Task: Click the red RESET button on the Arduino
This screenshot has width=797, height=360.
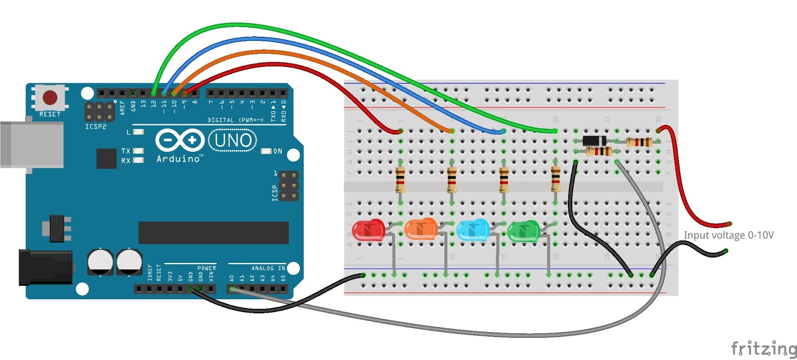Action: [50, 97]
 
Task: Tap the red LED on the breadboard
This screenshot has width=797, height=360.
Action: [368, 231]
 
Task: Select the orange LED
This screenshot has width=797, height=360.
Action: [420, 230]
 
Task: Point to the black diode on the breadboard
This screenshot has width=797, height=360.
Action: [594, 141]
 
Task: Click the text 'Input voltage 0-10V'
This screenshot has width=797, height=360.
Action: [728, 235]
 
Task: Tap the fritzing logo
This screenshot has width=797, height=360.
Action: [763, 349]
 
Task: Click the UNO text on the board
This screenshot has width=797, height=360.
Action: [233, 140]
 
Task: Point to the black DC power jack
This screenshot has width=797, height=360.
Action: [45, 268]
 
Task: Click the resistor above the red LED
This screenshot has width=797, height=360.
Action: [400, 180]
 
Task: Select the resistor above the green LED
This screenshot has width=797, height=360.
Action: [555, 180]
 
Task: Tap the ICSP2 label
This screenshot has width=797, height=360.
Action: [96, 127]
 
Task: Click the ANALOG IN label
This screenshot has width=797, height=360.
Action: [268, 268]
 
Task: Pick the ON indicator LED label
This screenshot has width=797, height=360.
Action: [277, 151]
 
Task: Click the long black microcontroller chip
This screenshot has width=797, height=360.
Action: [213, 233]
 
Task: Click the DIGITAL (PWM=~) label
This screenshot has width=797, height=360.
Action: [235, 120]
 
